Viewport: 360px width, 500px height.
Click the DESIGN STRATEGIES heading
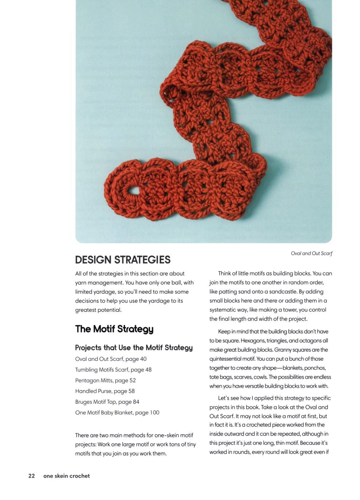pos(123,260)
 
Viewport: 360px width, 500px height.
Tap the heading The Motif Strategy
pos(114,329)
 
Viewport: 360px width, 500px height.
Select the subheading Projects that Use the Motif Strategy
pos(134,348)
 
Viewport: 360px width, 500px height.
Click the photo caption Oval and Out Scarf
pos(311,253)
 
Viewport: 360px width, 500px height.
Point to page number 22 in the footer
pos(32,476)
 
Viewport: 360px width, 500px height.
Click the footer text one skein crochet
pos(67,476)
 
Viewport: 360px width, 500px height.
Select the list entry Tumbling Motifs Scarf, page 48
pos(113,370)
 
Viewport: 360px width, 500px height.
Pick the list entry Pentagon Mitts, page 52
pos(105,380)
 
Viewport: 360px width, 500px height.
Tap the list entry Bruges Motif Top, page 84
pos(107,402)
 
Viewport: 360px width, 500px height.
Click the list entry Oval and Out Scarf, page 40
pos(111,359)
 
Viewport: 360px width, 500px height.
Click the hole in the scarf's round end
pos(134,190)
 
